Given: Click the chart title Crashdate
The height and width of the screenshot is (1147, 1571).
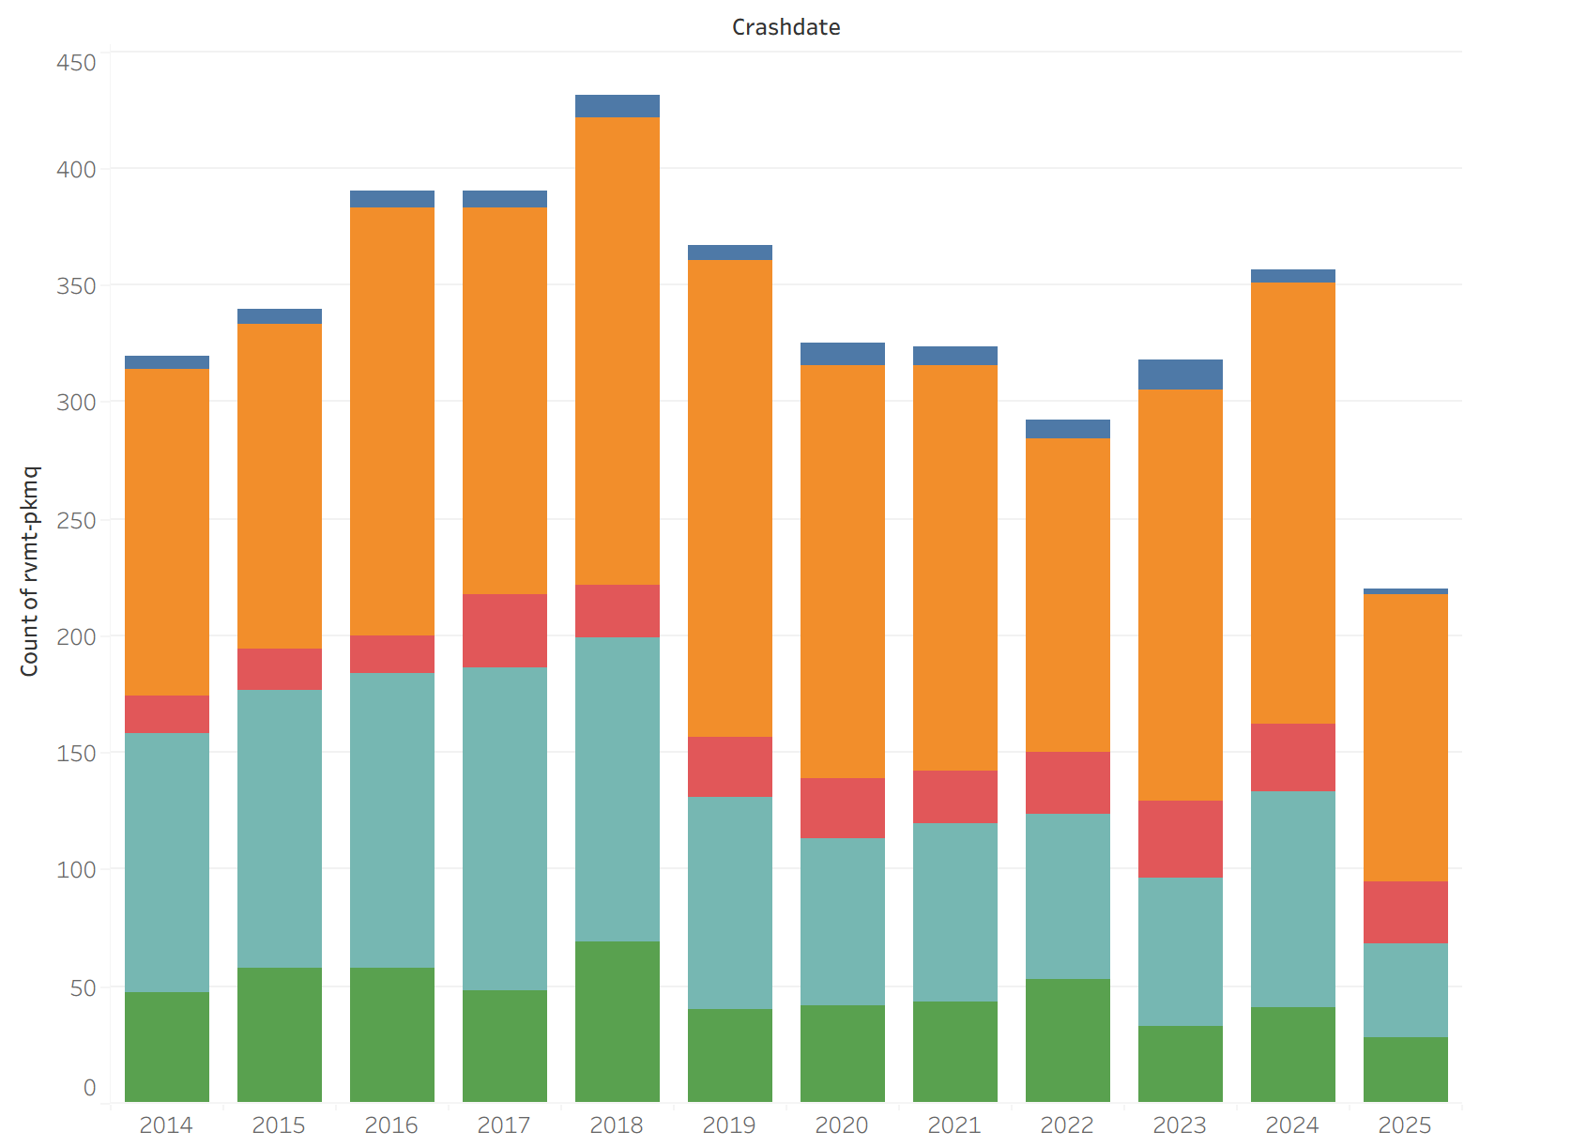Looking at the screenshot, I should point(785,27).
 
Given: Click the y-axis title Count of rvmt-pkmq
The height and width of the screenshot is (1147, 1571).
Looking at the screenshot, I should point(30,571).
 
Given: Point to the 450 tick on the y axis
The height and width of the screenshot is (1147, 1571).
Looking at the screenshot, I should point(76,63).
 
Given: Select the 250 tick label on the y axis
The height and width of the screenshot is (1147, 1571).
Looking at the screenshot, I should point(76,520).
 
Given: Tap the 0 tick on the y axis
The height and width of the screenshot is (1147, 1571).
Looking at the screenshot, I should point(89,1088).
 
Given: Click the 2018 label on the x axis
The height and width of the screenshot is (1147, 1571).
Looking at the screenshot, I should point(617,1124).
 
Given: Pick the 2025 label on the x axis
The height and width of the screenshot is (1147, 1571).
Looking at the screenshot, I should point(1405,1124).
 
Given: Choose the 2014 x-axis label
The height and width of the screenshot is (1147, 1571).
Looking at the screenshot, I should point(166,1124).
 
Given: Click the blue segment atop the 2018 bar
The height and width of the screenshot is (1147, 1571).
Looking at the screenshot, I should point(617,106).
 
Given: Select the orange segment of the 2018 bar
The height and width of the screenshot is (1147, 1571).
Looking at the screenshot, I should point(617,351).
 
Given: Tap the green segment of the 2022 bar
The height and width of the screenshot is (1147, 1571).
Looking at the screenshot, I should point(1067,1040).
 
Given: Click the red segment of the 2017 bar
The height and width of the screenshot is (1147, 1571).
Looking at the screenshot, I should point(504,631).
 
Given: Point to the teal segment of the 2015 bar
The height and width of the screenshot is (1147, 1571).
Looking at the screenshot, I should point(279,829).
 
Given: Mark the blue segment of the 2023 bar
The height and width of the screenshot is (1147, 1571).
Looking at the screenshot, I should point(1180,375).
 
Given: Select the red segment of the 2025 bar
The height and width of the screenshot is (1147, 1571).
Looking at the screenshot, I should point(1405,912).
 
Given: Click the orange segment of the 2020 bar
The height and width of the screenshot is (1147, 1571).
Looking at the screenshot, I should point(842,572).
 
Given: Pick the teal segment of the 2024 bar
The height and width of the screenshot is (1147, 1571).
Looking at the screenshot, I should point(1292,899).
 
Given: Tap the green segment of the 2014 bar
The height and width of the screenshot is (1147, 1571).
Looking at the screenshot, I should point(166,1047).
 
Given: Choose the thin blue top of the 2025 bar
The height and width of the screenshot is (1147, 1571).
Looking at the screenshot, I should point(1405,591).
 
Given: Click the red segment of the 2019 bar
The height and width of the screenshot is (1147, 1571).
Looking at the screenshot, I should point(729,767).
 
